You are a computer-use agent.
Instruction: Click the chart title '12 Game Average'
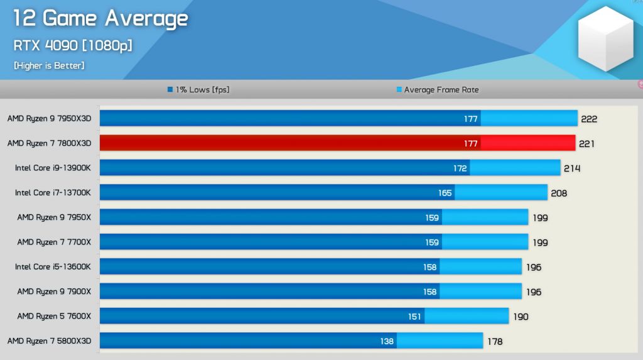point(100,19)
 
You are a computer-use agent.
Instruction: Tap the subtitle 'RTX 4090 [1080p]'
point(72,45)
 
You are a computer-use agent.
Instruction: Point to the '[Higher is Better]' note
point(49,65)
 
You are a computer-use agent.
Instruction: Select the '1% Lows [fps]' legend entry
point(198,90)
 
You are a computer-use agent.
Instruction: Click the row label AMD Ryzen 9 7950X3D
point(49,118)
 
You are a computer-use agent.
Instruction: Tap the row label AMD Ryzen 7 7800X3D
point(49,143)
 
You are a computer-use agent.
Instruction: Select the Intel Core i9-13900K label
point(53,168)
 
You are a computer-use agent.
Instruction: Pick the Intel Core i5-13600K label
point(53,267)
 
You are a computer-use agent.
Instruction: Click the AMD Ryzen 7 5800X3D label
point(49,341)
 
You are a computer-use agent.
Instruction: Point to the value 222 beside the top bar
point(589,119)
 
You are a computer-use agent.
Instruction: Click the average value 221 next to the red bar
point(586,144)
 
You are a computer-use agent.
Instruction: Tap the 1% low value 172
point(460,168)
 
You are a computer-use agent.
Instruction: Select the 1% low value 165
point(445,193)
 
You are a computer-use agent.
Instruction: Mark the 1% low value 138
point(387,341)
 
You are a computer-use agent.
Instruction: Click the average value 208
point(558,193)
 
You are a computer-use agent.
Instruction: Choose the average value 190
point(521,317)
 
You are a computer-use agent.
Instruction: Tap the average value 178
point(494,341)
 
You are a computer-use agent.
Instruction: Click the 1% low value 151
point(414,317)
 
